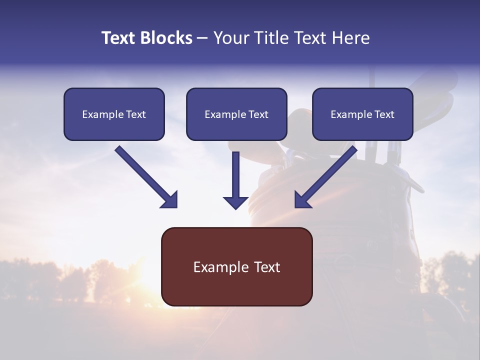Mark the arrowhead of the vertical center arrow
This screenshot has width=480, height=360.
coord(235,203)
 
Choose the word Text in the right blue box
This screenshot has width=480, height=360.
coord(384,114)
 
